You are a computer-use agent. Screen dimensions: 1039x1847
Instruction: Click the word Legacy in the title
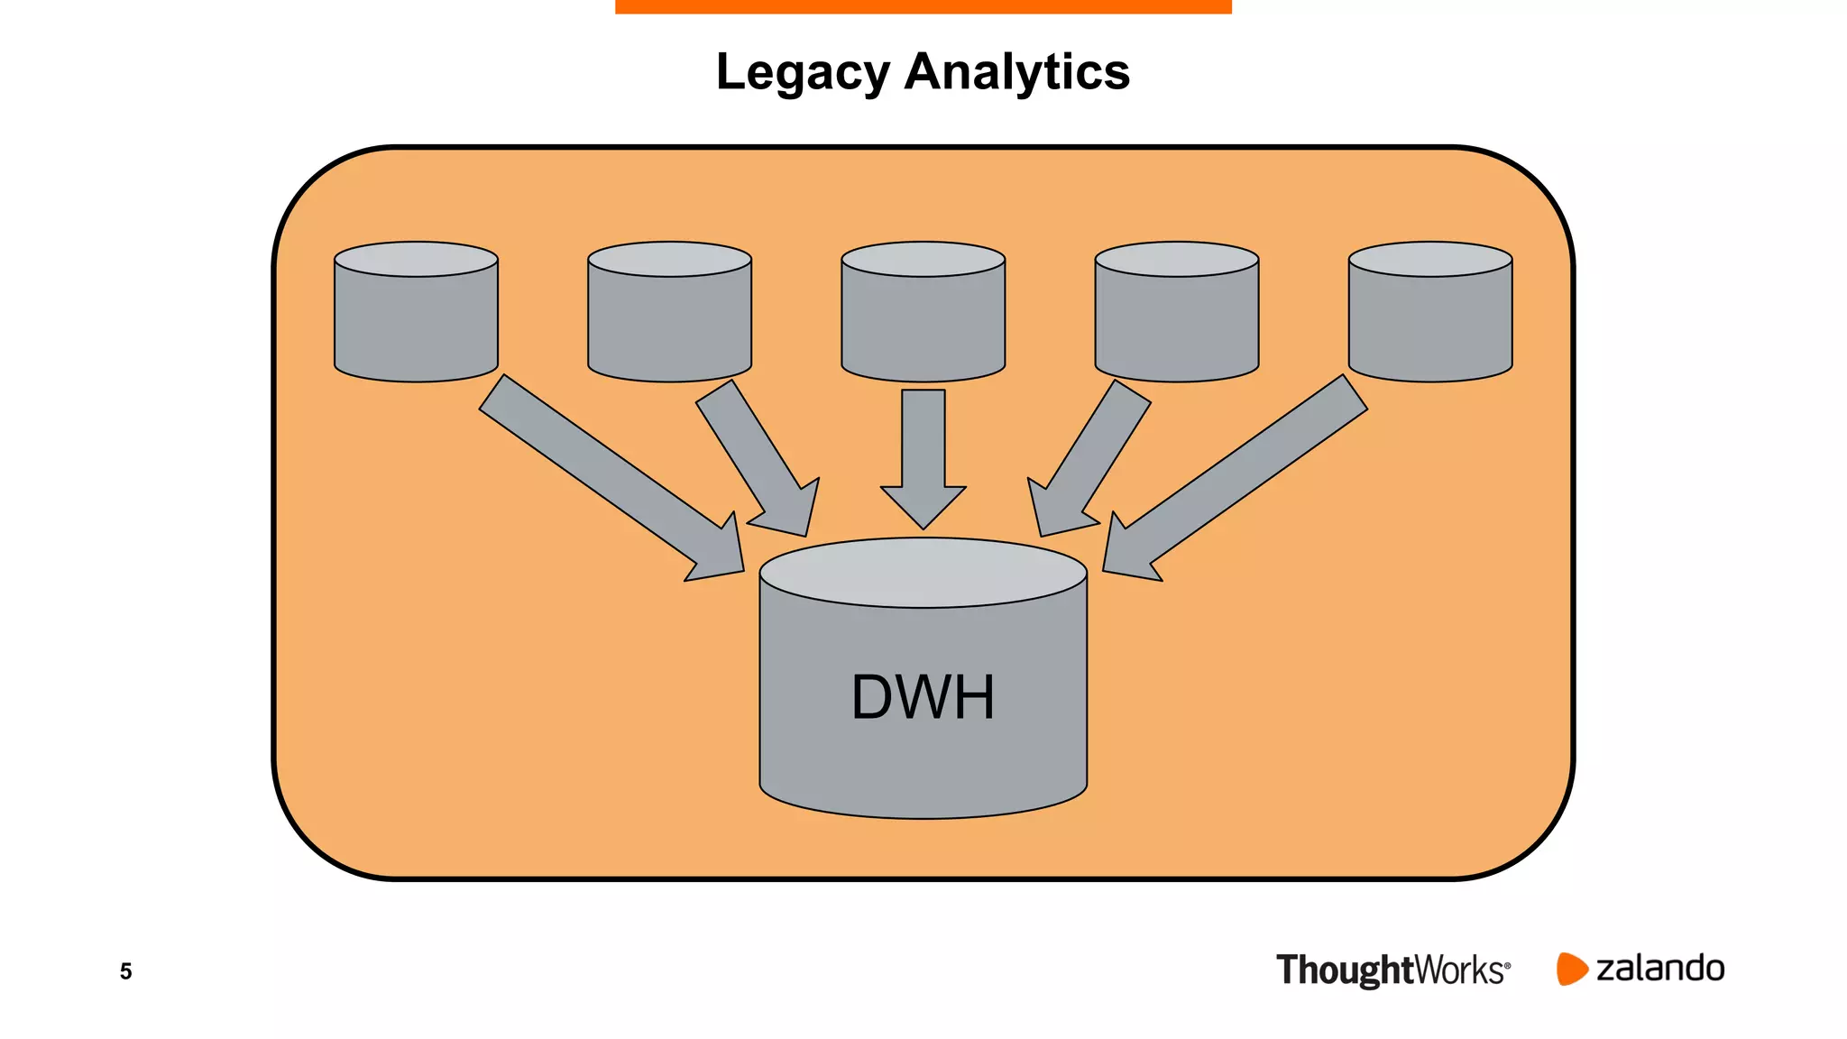802,72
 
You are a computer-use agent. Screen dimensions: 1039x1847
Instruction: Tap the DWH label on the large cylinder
923,697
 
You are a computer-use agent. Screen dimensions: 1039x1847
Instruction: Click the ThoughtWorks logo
1392,970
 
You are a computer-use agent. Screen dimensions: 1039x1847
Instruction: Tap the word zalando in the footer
1660,969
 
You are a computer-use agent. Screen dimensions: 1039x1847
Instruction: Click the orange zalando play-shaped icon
1570,969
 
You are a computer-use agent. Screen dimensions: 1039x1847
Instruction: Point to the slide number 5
126,971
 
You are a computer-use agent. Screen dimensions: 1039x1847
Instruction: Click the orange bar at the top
923,6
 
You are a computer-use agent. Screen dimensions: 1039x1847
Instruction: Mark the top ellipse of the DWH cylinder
923,573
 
